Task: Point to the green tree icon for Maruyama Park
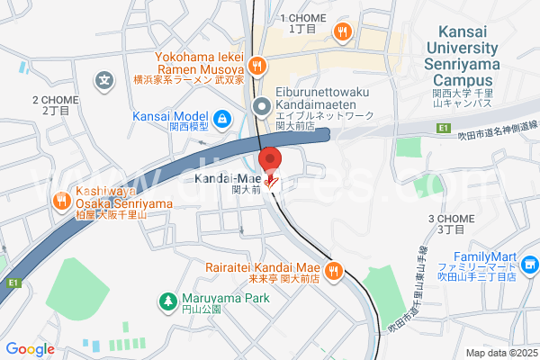(x=166, y=300)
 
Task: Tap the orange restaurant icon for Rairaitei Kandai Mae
(x=334, y=269)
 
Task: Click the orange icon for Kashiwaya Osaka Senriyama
(x=61, y=200)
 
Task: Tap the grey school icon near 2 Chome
(x=106, y=80)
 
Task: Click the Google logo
(x=30, y=349)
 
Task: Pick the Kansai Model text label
(x=170, y=116)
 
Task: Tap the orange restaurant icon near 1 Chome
(x=342, y=33)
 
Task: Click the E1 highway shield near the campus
(x=443, y=129)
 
